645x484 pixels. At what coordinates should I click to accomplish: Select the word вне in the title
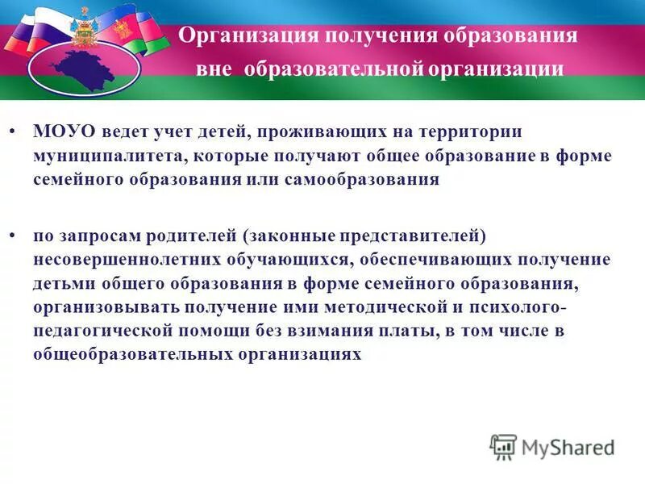(212, 69)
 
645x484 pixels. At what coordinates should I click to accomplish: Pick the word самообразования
(362, 179)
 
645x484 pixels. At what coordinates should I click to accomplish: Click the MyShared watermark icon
(504, 446)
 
